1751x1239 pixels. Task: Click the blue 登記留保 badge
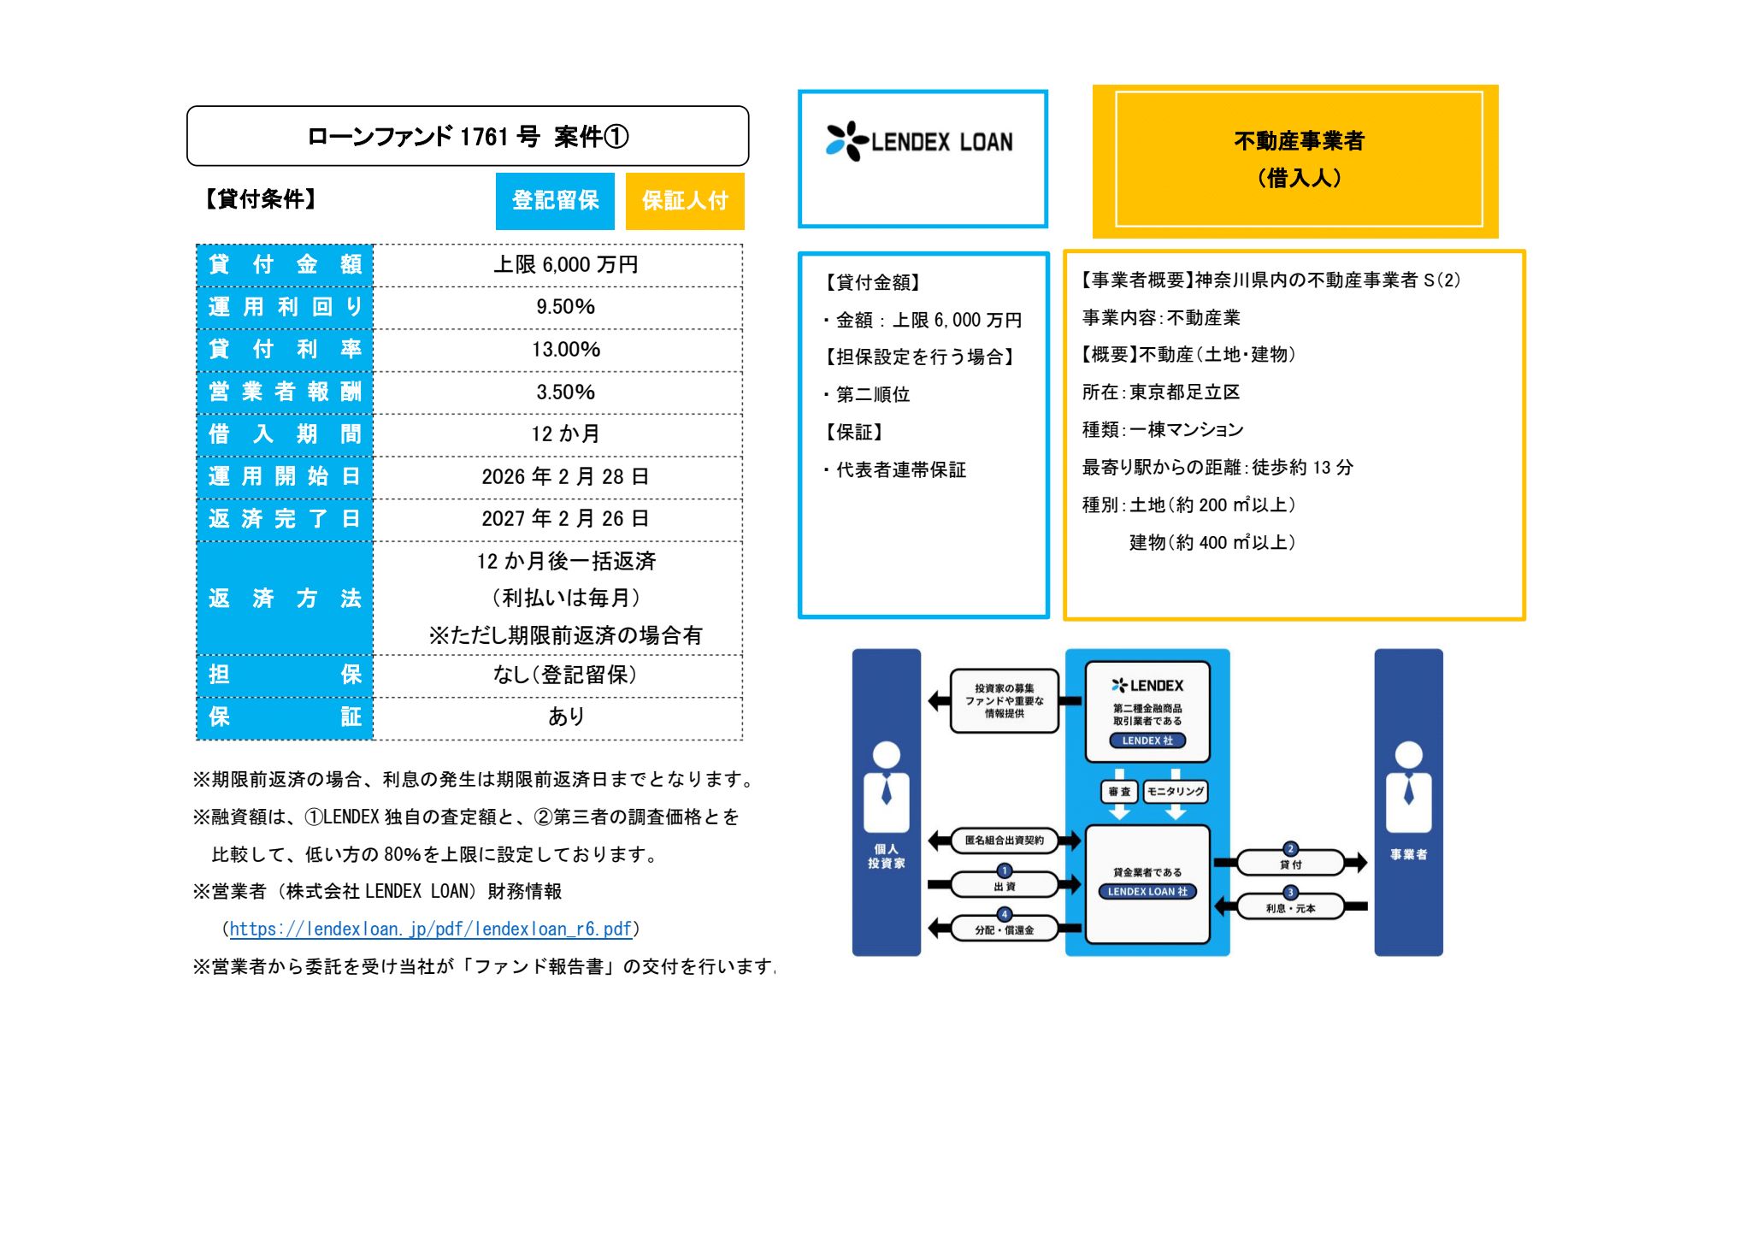tap(555, 201)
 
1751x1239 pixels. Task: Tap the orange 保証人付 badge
tap(685, 201)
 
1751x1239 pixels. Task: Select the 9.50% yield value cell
tap(565, 307)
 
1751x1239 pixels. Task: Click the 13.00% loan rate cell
tap(565, 350)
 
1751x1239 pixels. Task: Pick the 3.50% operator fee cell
tap(565, 392)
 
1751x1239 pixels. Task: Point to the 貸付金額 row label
tap(285, 265)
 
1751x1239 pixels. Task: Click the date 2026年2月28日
tap(565, 477)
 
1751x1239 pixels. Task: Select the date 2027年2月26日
tap(565, 519)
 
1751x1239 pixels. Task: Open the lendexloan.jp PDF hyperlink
tap(430, 929)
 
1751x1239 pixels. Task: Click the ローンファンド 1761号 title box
tap(468, 137)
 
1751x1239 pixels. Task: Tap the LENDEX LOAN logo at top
tap(921, 142)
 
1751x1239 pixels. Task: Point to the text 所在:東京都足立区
tap(1160, 392)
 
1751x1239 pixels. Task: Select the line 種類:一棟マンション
tap(1162, 430)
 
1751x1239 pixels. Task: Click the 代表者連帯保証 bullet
tap(899, 470)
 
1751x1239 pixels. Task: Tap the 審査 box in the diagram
tap(1119, 792)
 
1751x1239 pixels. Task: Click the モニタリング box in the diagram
tap(1176, 792)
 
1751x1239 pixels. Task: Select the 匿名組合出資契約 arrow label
tap(1004, 841)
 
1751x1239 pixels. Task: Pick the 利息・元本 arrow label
tap(1290, 907)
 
